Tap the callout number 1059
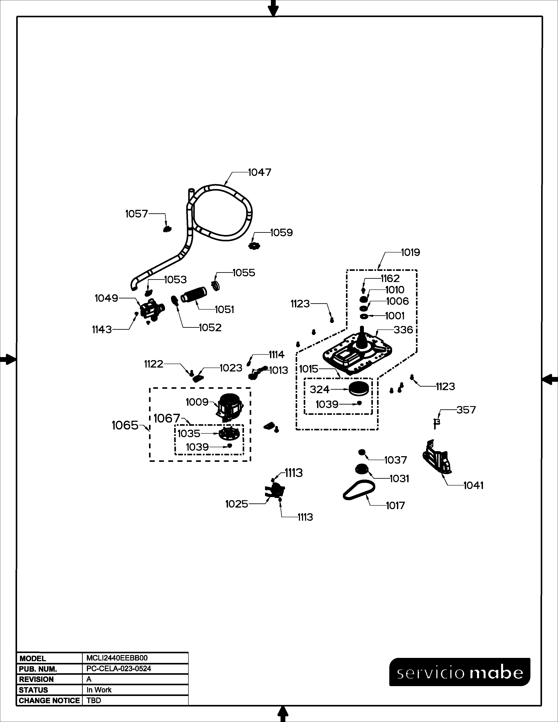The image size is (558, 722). coord(281,233)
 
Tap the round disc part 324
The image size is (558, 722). coord(359,388)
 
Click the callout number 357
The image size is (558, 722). coord(466,410)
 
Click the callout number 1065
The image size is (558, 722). coord(125,426)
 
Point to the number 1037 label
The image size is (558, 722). coord(395,460)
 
